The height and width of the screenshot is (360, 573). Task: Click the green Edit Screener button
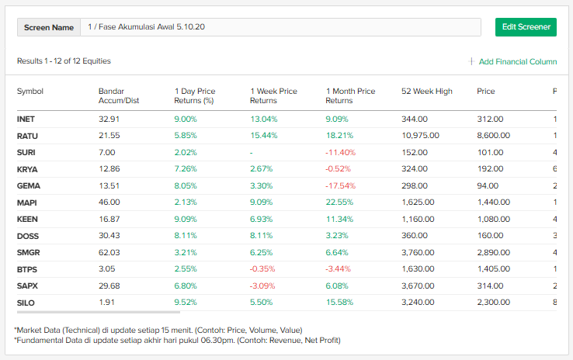(x=526, y=26)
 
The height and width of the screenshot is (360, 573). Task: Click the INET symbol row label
(x=26, y=119)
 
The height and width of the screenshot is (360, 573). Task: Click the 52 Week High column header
(x=426, y=92)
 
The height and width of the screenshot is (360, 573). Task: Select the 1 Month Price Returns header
(x=350, y=95)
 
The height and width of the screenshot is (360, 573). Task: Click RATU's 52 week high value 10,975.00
(x=420, y=135)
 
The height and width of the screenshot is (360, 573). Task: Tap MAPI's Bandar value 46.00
(x=109, y=202)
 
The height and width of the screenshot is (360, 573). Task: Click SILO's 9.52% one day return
(x=186, y=303)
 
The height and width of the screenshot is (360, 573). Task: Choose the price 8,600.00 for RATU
(x=494, y=135)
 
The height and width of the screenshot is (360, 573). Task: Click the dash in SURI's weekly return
(x=252, y=152)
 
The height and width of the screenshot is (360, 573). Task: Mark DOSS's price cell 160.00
(x=490, y=236)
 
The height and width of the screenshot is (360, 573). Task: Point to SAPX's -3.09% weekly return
(x=263, y=286)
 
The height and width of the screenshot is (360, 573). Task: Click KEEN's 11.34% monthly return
(x=339, y=219)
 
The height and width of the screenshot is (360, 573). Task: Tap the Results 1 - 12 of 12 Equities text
(x=64, y=61)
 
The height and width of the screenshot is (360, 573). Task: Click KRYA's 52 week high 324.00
(x=414, y=169)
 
